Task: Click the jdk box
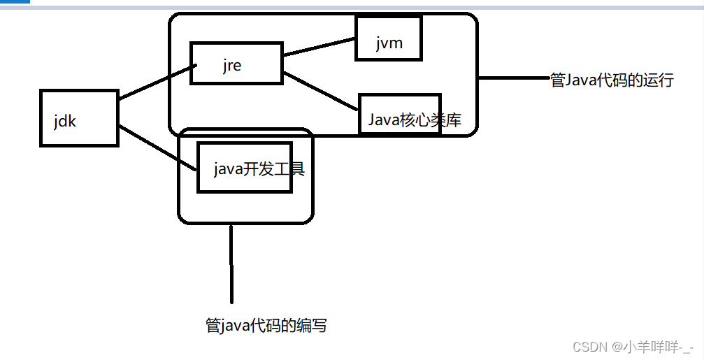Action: (x=79, y=117)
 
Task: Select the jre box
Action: (x=236, y=64)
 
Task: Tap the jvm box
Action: (x=389, y=38)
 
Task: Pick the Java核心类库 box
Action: (x=400, y=113)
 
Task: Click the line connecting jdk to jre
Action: (x=155, y=82)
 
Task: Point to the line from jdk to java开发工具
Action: (x=157, y=148)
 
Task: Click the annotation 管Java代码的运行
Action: (x=612, y=80)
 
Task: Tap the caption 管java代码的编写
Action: (x=266, y=326)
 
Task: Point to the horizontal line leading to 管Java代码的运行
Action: (x=514, y=78)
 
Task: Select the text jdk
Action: (x=64, y=120)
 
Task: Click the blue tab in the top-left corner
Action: (x=15, y=2)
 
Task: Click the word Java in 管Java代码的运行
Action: (x=580, y=80)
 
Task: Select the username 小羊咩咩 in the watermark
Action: (x=652, y=347)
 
